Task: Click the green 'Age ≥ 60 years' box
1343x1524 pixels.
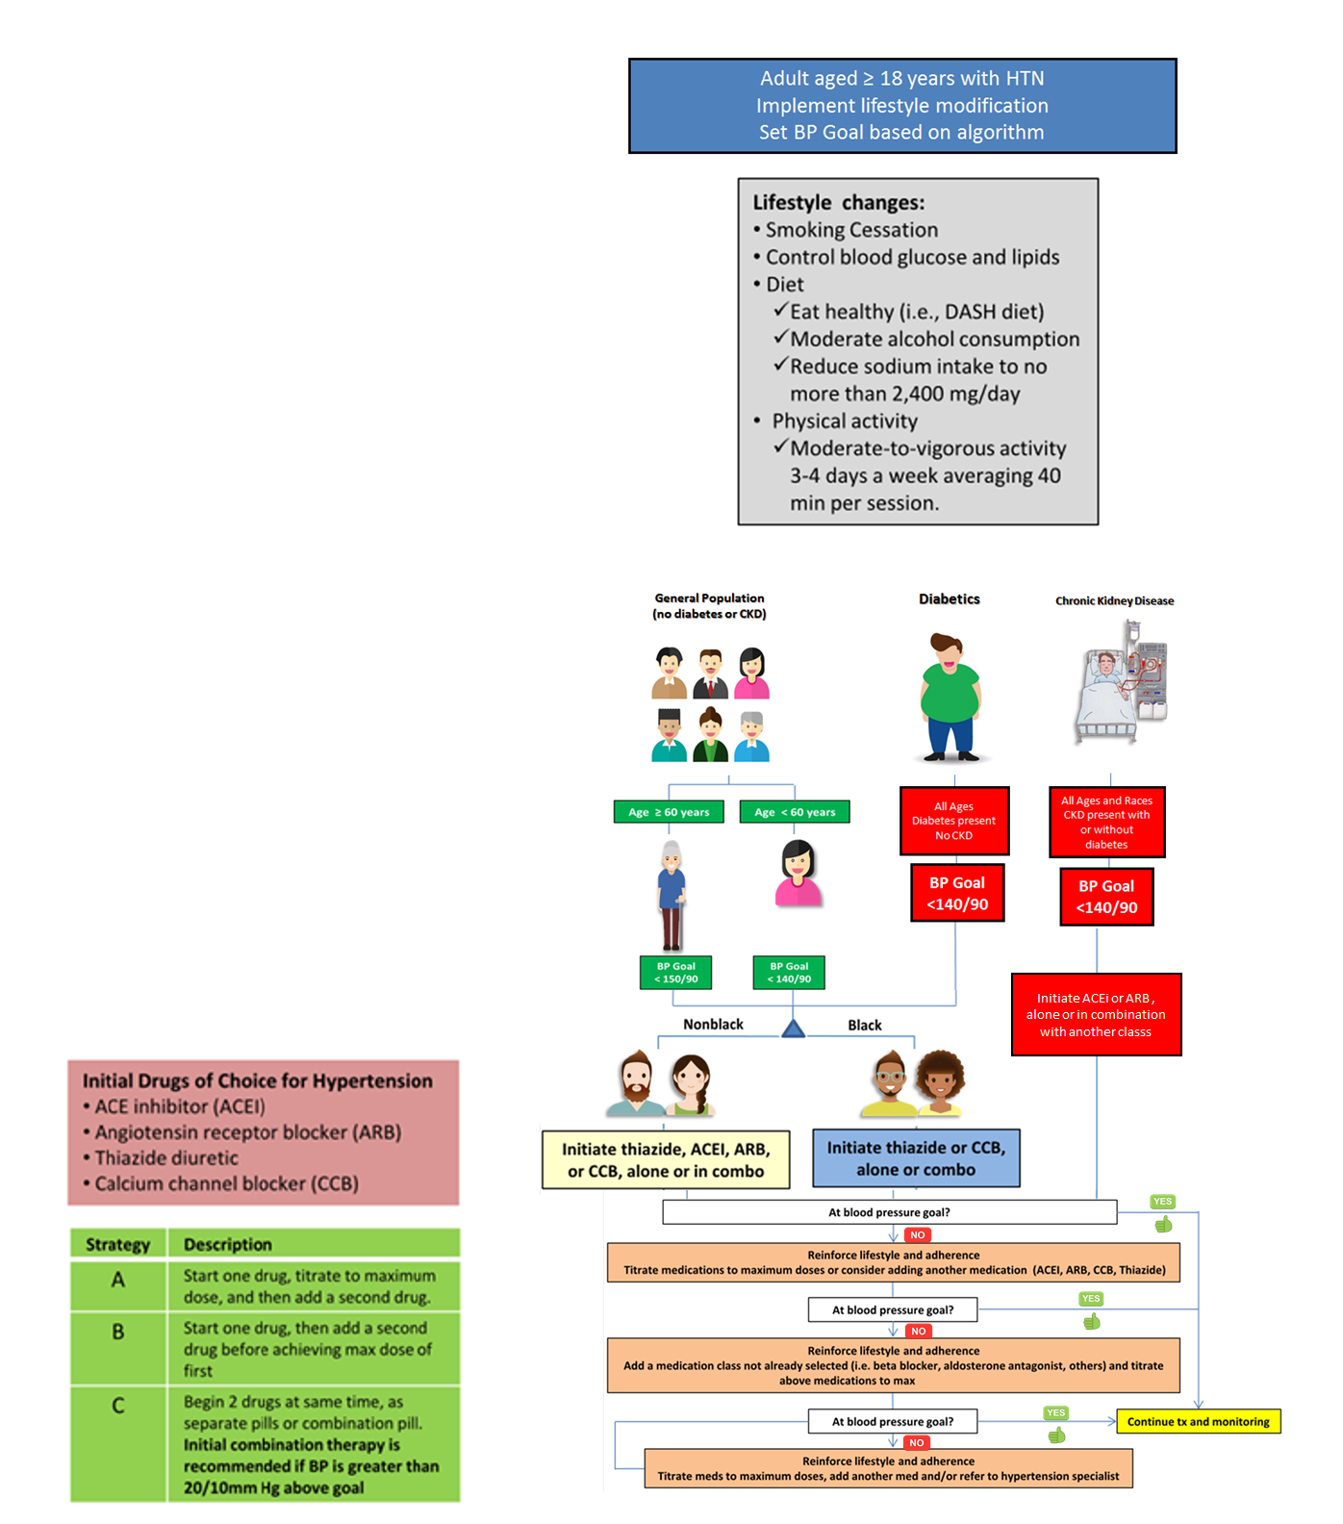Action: (669, 812)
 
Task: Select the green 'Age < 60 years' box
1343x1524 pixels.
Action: (795, 812)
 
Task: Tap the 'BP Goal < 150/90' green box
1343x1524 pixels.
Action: (676, 973)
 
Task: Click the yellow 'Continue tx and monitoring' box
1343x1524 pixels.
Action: (1198, 1421)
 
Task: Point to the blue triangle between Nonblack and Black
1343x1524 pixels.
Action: (793, 1029)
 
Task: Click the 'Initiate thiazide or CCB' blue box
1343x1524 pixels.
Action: (916, 1158)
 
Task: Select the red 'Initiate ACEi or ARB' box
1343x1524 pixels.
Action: (1096, 1014)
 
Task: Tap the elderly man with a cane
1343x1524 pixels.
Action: (671, 895)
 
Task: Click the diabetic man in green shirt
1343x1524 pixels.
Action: (950, 697)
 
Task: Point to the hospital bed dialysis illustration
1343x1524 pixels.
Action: (1122, 683)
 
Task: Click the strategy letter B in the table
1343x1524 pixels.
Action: (118, 1333)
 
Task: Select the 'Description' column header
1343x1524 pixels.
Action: (228, 1244)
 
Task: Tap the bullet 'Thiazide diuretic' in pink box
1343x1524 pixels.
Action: (166, 1157)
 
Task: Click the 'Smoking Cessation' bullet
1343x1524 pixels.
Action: (851, 230)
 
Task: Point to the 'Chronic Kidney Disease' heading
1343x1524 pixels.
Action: (1114, 600)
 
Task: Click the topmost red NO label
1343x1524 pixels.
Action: (917, 1234)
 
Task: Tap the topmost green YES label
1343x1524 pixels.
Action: (1162, 1201)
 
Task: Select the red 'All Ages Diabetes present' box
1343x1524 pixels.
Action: (954, 821)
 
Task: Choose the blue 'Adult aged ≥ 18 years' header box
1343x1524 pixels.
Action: (902, 106)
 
